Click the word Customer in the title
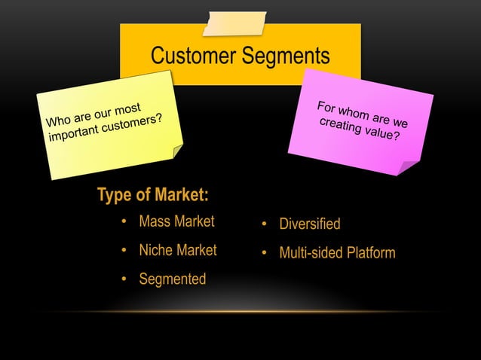pyautogui.click(x=193, y=56)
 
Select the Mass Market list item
pyautogui.click(x=176, y=221)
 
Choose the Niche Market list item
pyautogui.click(x=177, y=250)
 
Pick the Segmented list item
pyautogui.click(x=172, y=279)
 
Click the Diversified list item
pyautogui.click(x=309, y=224)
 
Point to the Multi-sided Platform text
pyautogui.click(x=337, y=253)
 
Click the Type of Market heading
pyautogui.click(x=152, y=195)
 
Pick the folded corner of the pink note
pyautogui.click(x=408, y=168)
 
